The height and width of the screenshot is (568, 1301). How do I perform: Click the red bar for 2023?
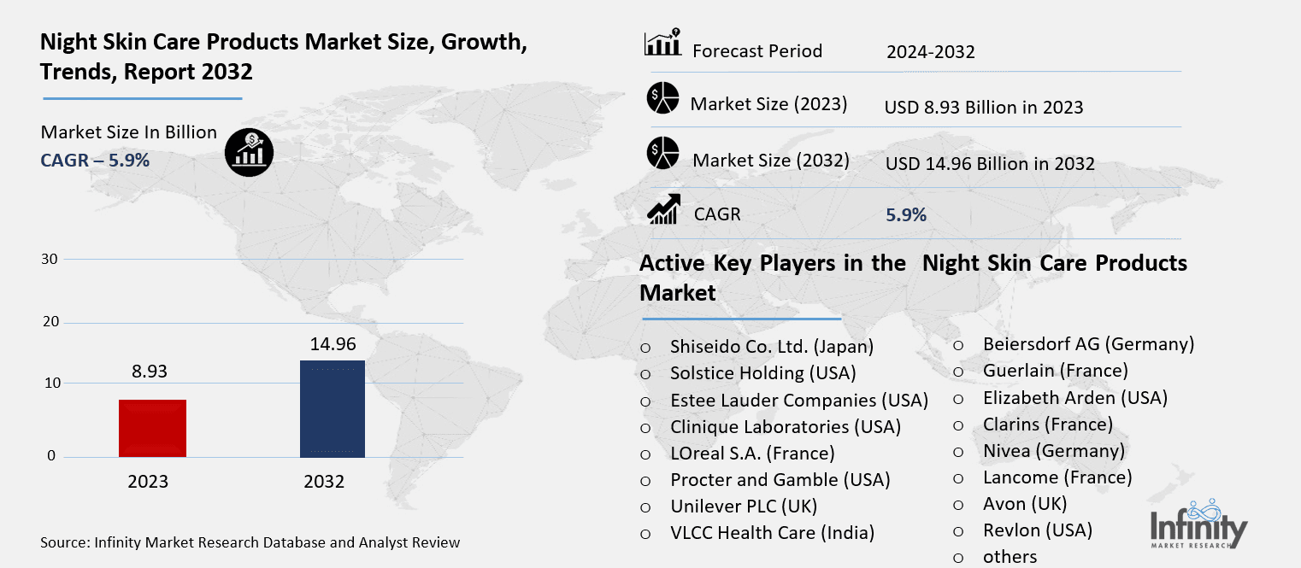coord(153,428)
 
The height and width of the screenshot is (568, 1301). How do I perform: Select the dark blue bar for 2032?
coord(333,408)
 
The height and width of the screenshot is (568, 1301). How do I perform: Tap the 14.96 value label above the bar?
coord(332,344)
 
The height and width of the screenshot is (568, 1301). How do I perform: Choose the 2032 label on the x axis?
coord(324,482)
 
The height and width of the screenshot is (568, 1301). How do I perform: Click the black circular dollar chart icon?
coord(249,153)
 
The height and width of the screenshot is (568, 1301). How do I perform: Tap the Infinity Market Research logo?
coord(1198,523)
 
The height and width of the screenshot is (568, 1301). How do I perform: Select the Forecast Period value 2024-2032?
coord(930,52)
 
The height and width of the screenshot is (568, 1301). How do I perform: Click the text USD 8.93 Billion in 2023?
coord(983,108)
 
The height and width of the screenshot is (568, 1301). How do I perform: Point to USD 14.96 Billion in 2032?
coord(989,163)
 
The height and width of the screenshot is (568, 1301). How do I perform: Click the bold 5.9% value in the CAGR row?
coord(905,215)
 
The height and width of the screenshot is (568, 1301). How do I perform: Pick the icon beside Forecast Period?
coord(662,44)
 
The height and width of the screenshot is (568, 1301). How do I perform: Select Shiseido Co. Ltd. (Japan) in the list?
coord(771,347)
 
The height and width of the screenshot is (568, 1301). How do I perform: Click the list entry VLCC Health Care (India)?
coord(772,533)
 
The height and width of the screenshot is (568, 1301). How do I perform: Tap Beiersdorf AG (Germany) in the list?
coord(1088,344)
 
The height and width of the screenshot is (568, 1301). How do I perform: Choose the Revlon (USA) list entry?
coord(1037,530)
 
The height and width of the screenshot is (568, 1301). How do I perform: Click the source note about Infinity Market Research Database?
coord(250,542)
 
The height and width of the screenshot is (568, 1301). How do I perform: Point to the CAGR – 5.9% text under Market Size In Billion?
coord(96,160)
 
